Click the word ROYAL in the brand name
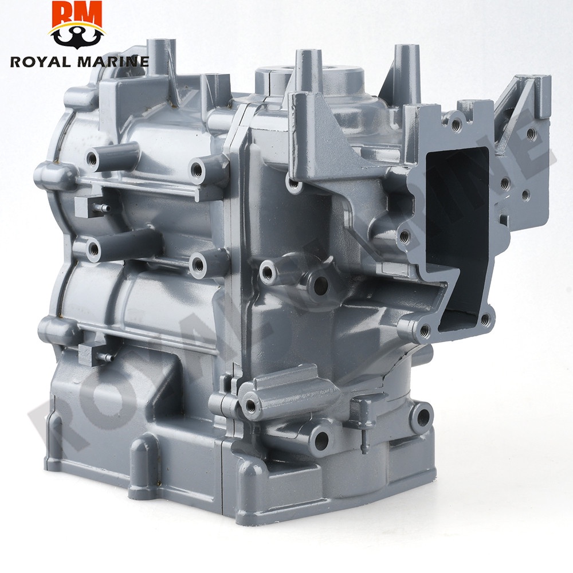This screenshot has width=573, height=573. pyautogui.click(x=40, y=61)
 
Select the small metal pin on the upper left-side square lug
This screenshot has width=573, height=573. pyautogui.click(x=102, y=208)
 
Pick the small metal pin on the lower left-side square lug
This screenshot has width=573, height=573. pyautogui.click(x=105, y=356)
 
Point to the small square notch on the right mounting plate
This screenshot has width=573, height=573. pyautogui.click(x=503, y=219)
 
